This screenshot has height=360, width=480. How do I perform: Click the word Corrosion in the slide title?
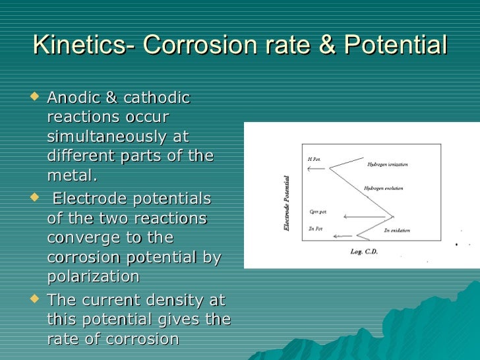click(x=212, y=45)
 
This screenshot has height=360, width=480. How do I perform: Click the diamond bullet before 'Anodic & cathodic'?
click(x=36, y=98)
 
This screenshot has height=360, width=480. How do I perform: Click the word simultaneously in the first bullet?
click(x=118, y=137)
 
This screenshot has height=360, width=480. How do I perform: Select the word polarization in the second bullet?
click(x=94, y=276)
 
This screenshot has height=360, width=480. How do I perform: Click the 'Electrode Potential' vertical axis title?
click(x=287, y=203)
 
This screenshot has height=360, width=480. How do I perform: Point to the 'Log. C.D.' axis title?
click(x=364, y=252)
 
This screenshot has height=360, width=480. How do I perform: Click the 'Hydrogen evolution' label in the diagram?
click(x=384, y=189)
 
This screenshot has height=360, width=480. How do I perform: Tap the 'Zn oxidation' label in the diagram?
click(x=397, y=231)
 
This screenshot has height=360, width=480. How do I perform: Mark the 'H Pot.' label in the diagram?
click(x=314, y=160)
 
